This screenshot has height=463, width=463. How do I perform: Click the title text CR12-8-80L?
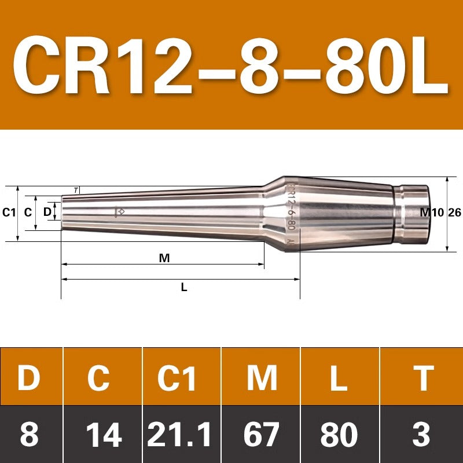click(230, 65)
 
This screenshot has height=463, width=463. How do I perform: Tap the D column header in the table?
click(28, 378)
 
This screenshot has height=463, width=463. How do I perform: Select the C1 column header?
click(177, 378)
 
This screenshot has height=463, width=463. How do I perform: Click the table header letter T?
click(424, 378)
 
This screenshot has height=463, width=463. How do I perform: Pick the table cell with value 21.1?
click(179, 434)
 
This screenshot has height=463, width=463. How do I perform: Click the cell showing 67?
click(262, 434)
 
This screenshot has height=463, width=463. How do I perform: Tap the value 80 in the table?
click(339, 434)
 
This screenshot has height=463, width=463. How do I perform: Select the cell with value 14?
click(104, 434)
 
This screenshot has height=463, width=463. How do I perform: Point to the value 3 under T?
click(421, 434)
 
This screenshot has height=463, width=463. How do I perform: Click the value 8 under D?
click(30, 434)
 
